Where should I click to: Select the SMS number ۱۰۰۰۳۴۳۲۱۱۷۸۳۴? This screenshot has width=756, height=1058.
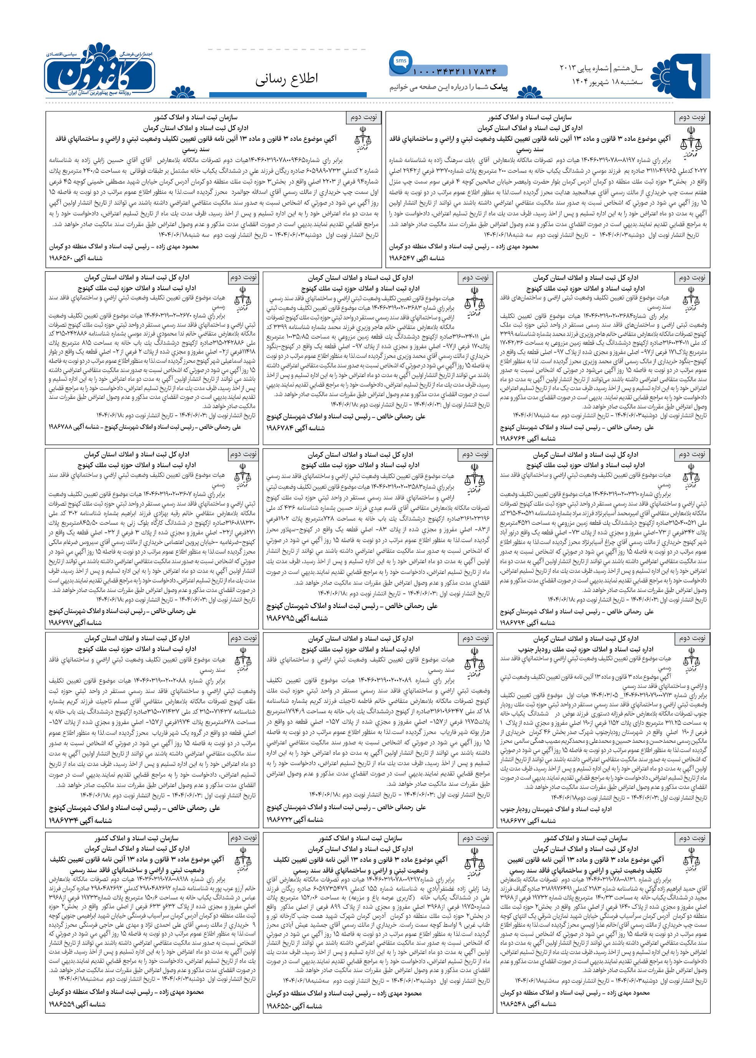click(x=455, y=71)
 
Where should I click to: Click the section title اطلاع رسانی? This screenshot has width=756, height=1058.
click(x=286, y=79)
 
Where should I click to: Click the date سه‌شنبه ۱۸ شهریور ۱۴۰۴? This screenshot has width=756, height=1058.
click(x=607, y=81)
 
